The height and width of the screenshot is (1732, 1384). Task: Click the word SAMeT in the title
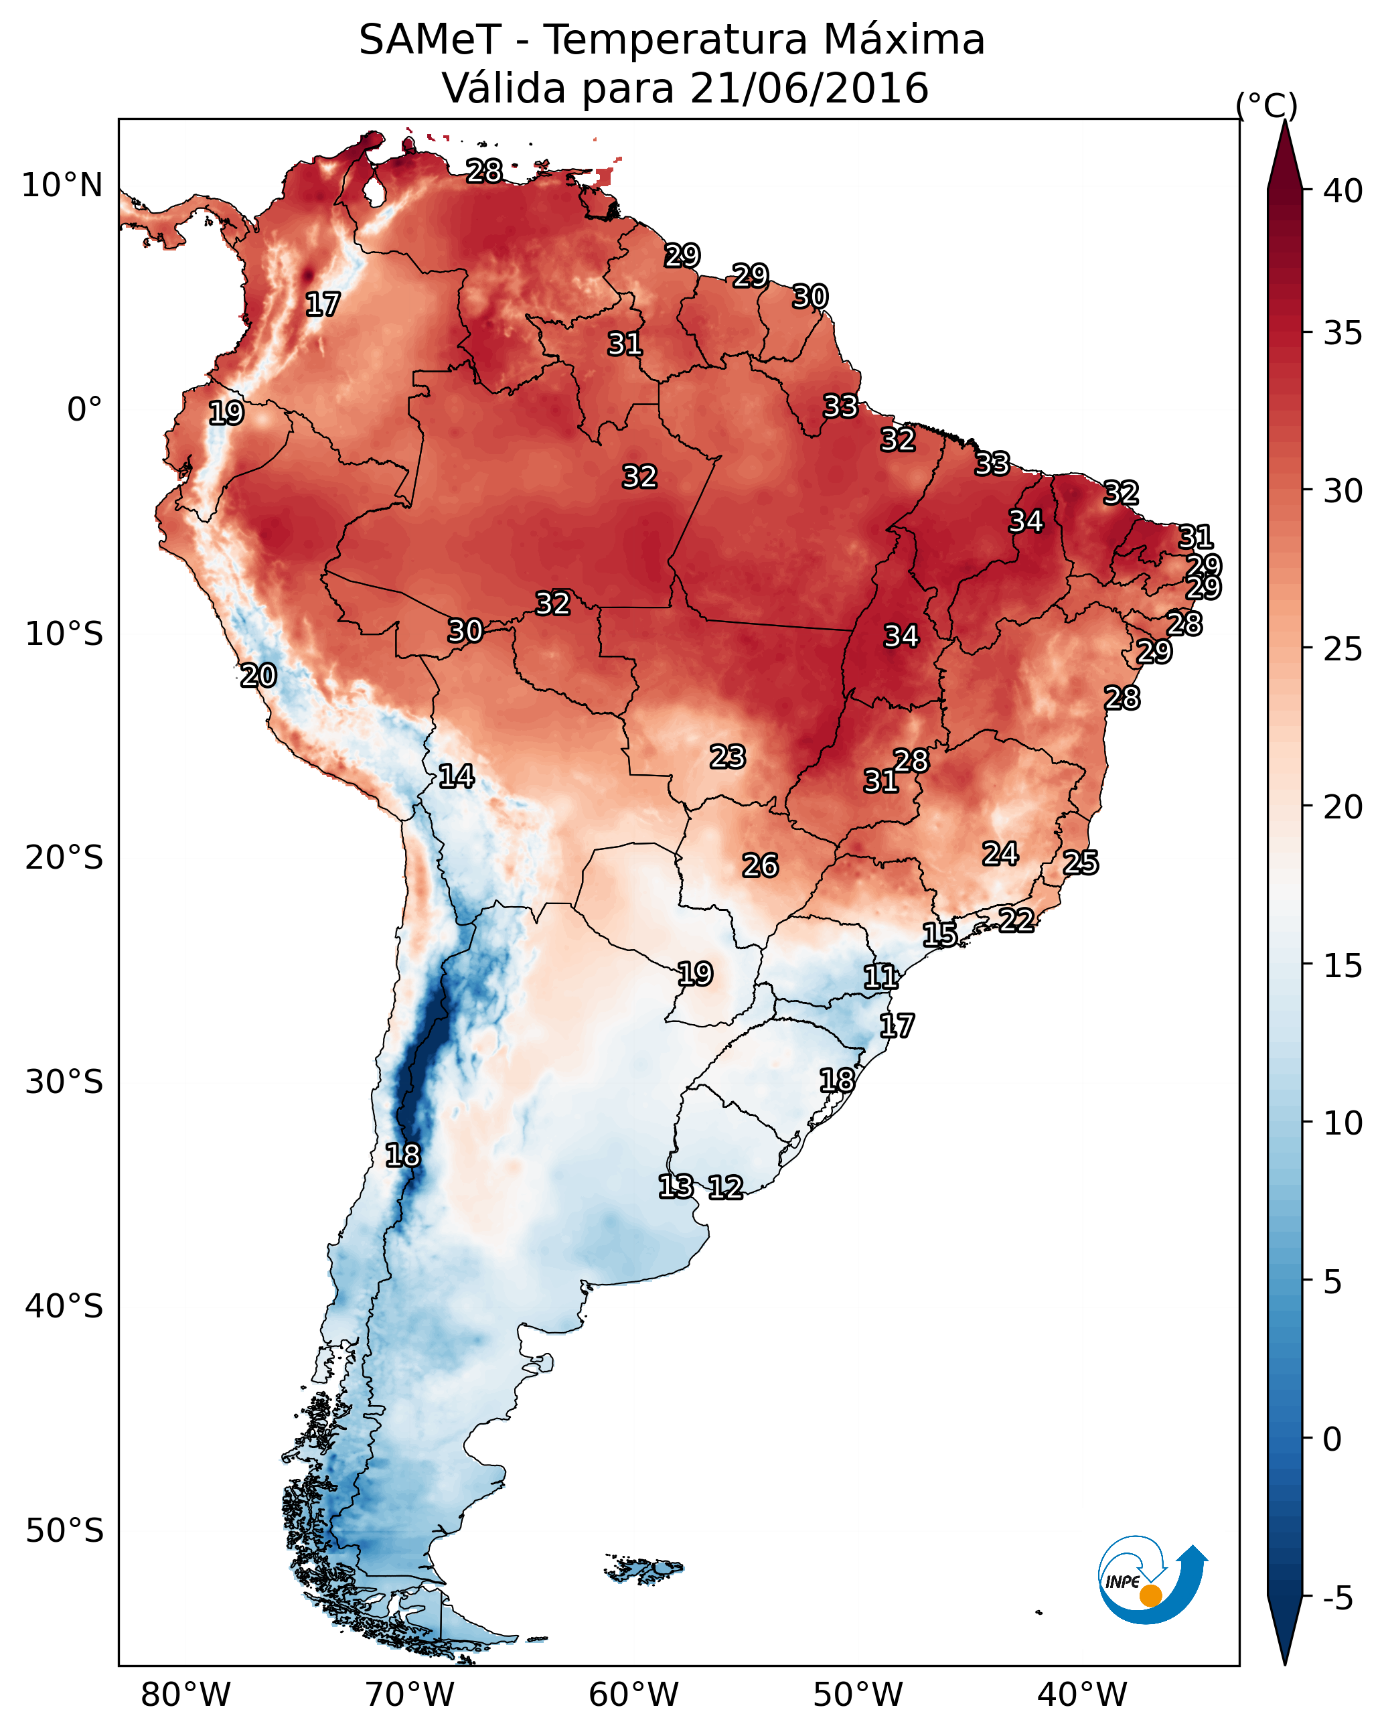(x=430, y=40)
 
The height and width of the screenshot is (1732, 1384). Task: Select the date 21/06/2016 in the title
(x=808, y=88)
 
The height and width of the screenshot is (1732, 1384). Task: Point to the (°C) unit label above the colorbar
(x=1266, y=105)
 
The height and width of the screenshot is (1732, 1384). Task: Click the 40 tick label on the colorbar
(x=1343, y=191)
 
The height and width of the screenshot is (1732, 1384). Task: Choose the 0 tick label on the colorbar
(x=1332, y=1439)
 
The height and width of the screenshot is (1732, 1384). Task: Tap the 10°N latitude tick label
(x=62, y=186)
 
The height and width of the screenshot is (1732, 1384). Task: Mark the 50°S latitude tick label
(x=64, y=1530)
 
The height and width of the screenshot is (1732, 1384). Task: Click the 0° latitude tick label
(x=84, y=410)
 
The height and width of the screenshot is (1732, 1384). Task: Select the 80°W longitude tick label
(x=185, y=1694)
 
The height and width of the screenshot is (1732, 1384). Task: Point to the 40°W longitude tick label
(x=1082, y=1694)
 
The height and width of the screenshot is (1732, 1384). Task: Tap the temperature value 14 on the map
(x=456, y=777)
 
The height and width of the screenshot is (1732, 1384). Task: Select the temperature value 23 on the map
(x=728, y=757)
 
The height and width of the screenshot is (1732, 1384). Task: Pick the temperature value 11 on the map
(x=880, y=978)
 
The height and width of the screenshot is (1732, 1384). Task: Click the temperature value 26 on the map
(x=760, y=866)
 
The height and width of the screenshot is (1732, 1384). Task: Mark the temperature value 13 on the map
(x=676, y=1187)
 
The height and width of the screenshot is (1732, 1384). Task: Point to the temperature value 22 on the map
(x=1016, y=920)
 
